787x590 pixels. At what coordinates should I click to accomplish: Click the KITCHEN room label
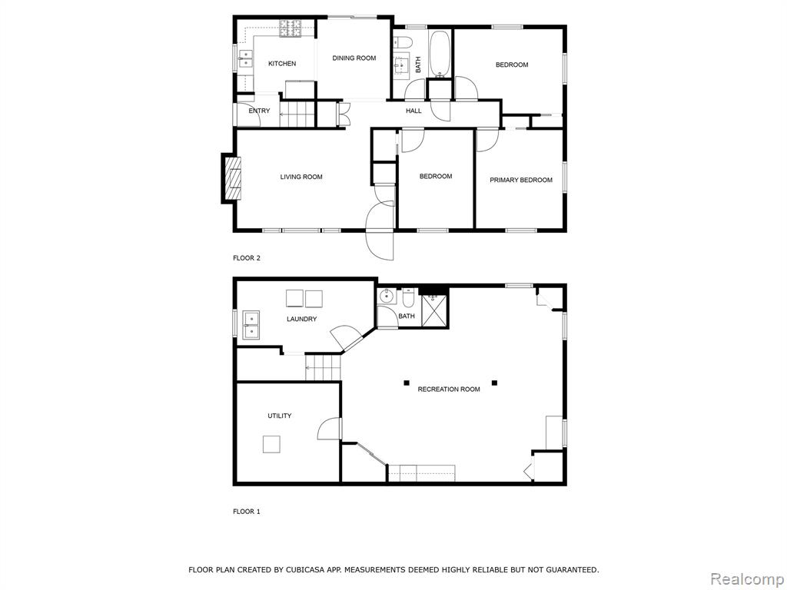click(282, 64)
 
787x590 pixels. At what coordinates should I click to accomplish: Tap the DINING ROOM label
click(354, 58)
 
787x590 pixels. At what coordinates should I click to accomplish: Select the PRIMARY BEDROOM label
click(521, 180)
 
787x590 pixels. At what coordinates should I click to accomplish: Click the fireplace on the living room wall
click(232, 178)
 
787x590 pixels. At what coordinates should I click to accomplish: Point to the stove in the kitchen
click(291, 28)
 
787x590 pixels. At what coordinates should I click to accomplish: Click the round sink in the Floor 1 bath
click(386, 296)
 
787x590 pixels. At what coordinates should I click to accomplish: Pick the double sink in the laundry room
click(251, 325)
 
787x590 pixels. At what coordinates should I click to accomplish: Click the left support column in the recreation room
click(406, 383)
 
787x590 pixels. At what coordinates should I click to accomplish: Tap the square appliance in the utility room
click(271, 444)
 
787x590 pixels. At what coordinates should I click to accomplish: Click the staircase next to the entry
click(297, 115)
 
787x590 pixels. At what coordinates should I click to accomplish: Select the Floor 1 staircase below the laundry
click(323, 367)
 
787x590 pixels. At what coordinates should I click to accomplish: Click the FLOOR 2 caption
click(247, 258)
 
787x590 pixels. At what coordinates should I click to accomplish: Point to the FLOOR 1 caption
click(247, 512)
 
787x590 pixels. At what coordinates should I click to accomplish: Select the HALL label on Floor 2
click(413, 111)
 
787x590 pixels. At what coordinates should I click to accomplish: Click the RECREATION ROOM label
click(449, 389)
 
